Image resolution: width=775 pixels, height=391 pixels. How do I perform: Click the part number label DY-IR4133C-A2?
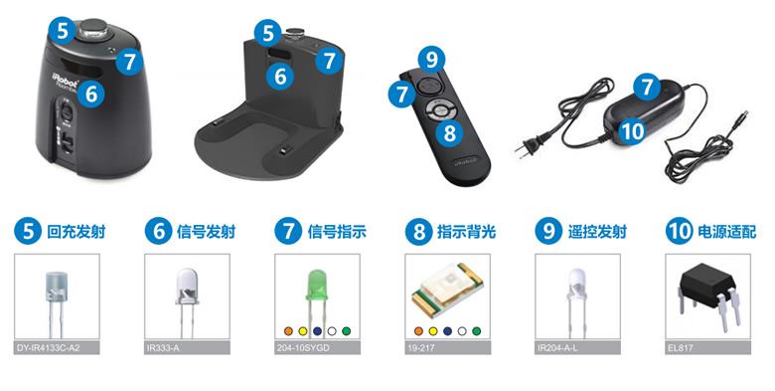coord(48,348)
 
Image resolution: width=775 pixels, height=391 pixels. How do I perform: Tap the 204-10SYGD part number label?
coord(303,348)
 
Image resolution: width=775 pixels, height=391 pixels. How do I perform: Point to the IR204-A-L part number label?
coord(557,348)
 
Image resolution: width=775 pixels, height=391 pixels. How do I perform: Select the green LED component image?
coord(316,294)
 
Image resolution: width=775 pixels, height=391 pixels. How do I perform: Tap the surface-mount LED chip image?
coord(447,291)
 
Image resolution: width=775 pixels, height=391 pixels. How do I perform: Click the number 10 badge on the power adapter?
coord(632,131)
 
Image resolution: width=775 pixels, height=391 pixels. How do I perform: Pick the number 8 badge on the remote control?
coord(450,132)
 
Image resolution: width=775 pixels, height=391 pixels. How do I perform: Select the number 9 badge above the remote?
coord(431,60)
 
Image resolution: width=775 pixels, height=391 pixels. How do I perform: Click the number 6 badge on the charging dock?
coord(280,77)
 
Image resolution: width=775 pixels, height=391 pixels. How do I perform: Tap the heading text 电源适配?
coord(726,232)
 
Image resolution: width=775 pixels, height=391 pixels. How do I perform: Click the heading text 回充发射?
coord(77,232)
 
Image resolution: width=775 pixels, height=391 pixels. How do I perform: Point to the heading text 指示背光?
coord(467,232)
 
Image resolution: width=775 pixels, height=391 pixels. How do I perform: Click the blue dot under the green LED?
coord(317,331)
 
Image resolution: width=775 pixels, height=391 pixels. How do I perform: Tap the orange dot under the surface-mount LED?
coord(418,331)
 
